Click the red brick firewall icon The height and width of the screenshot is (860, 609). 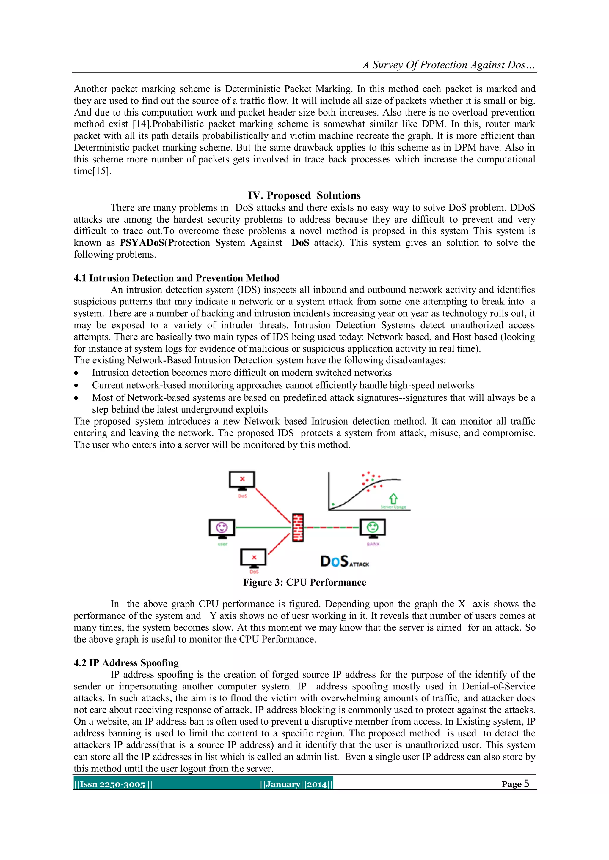298,527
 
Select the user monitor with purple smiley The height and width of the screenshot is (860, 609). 222,528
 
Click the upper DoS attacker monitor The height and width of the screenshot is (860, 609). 242,481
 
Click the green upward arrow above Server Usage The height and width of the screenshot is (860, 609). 393,498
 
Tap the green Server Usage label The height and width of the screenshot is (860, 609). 393,507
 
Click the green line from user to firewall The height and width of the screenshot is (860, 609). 263,527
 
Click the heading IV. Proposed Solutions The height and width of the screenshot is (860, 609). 304,195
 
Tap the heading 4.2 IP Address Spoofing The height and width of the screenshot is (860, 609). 126,663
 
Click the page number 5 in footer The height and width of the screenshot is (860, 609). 527,784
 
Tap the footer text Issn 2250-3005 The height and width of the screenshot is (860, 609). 112,784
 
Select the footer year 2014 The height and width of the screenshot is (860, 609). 317,784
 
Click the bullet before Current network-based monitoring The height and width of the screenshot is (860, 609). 76,385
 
